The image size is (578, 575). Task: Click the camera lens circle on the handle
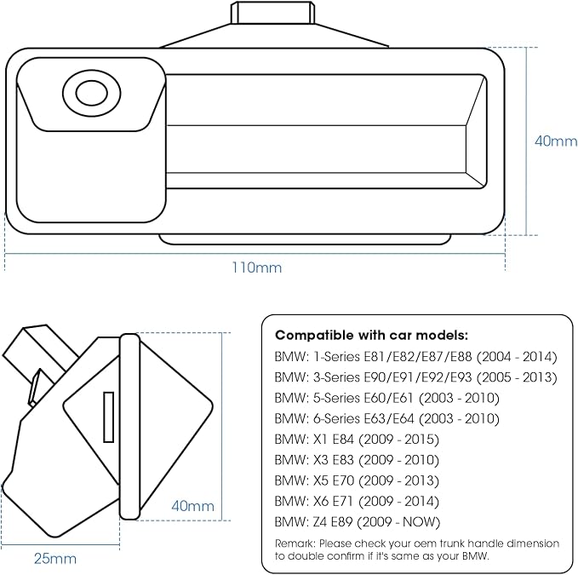coord(92,92)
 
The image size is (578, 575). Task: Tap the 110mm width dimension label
coord(256,267)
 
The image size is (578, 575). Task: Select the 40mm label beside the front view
coord(556,141)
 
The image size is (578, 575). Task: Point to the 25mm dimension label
coord(55,559)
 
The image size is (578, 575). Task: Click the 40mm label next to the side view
coord(192,506)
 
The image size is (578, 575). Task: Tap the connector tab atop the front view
coord(272,13)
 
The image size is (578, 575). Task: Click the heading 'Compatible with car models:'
coord(371,336)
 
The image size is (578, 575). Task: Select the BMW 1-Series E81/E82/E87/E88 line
coord(415,357)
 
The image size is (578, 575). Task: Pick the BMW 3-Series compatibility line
coord(415,377)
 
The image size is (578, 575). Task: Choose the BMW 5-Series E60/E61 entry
coord(387,398)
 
